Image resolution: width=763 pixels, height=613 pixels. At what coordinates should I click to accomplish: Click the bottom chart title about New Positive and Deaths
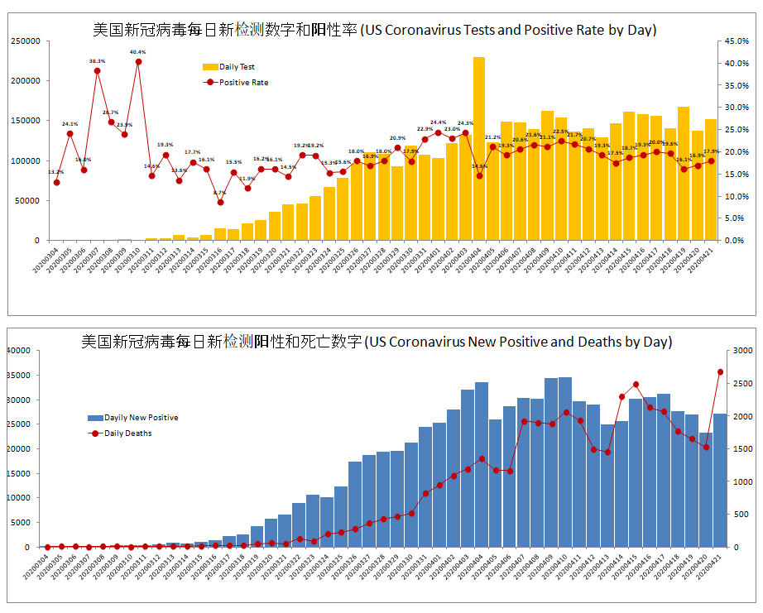click(x=377, y=342)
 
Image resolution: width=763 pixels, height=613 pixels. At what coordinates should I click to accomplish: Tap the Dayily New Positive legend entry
click(x=132, y=418)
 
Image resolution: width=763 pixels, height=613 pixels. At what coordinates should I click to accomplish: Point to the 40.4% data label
click(x=137, y=52)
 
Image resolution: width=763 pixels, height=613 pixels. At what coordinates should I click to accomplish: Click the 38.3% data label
click(x=97, y=61)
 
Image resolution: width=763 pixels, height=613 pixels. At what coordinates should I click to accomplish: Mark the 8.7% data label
click(x=219, y=193)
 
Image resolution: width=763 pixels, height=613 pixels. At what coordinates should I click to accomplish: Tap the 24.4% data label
click(x=438, y=122)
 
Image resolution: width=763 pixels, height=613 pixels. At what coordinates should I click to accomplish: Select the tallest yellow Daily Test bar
click(x=479, y=149)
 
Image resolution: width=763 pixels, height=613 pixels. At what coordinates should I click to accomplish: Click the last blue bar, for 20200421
click(x=720, y=480)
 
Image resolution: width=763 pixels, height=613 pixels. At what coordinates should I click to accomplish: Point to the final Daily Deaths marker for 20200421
click(x=720, y=372)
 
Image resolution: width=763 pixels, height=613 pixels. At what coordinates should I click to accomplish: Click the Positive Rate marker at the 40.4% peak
click(x=138, y=61)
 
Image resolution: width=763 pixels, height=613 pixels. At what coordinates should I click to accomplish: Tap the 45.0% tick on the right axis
click(x=737, y=41)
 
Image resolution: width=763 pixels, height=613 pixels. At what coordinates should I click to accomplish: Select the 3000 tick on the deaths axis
click(x=741, y=351)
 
